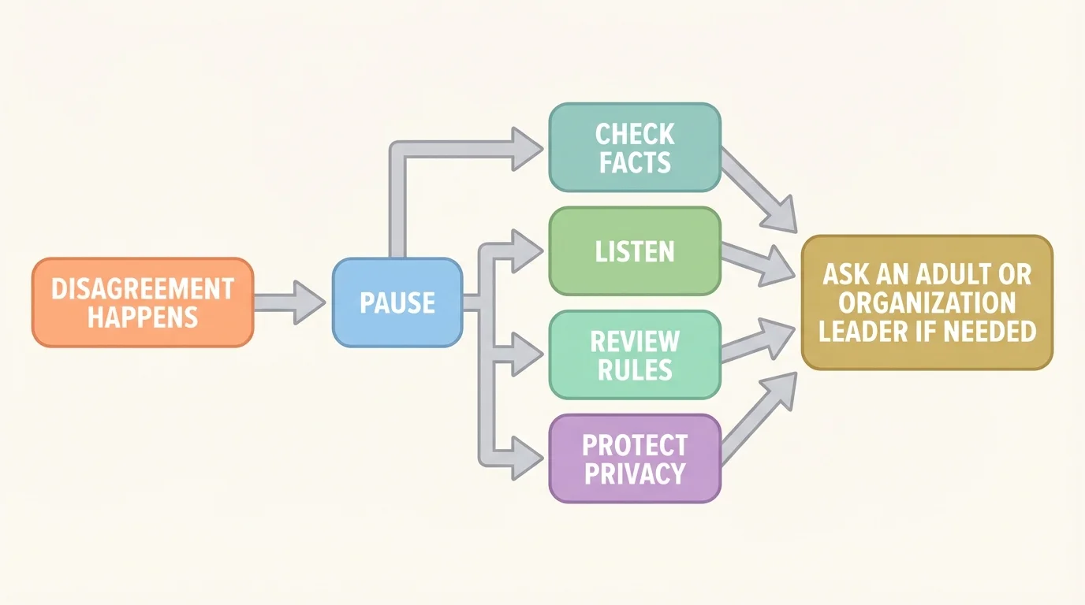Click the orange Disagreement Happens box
(143, 302)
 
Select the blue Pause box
(397, 302)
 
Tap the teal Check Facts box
(635, 147)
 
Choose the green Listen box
(635, 251)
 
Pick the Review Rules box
(635, 354)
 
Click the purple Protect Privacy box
(635, 458)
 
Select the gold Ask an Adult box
(927, 302)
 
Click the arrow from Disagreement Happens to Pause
(289, 302)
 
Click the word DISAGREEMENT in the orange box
(143, 288)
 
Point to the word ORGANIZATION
(927, 303)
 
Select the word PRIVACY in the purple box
(635, 473)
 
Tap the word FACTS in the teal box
(635, 162)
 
